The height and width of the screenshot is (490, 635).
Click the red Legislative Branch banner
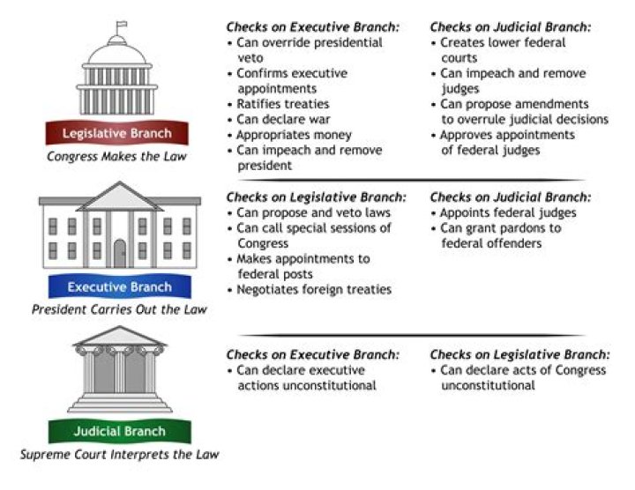(x=116, y=134)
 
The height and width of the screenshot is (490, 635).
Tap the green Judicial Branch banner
(x=119, y=432)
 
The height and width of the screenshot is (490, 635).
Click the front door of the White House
(x=120, y=254)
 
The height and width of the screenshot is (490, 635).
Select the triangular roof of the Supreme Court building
(x=119, y=337)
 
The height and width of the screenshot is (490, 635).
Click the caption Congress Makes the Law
(x=116, y=157)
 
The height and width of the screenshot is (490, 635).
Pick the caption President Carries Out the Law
(x=119, y=309)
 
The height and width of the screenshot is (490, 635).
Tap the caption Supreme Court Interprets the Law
(x=119, y=455)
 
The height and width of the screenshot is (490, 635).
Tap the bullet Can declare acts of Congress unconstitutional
(x=522, y=377)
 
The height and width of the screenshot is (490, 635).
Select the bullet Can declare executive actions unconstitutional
(x=305, y=377)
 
